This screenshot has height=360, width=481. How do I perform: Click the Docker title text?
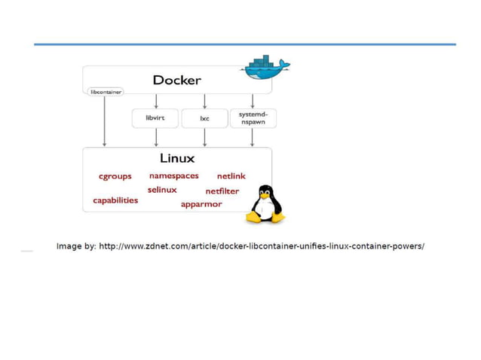point(176,80)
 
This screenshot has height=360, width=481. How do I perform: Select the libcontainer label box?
point(105,92)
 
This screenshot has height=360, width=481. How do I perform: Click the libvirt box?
point(155,118)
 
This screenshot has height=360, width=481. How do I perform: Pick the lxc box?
point(204,118)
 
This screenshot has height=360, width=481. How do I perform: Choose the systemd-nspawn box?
point(253,118)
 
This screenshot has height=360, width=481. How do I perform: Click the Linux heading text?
point(177,158)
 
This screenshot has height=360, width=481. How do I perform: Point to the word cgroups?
point(115,176)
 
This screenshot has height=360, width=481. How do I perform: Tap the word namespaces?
point(173,175)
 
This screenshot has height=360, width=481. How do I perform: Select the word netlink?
point(231,176)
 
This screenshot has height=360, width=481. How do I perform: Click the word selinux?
point(162,190)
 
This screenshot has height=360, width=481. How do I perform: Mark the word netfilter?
point(222,191)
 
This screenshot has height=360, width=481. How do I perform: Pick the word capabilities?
point(115,200)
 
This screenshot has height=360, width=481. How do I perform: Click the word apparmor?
point(201,204)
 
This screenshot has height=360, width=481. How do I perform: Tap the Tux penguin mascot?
point(265,204)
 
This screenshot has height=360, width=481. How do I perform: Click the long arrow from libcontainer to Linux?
point(105,121)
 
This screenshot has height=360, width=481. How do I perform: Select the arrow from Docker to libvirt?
point(156,101)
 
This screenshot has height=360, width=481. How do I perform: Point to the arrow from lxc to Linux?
point(204,137)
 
